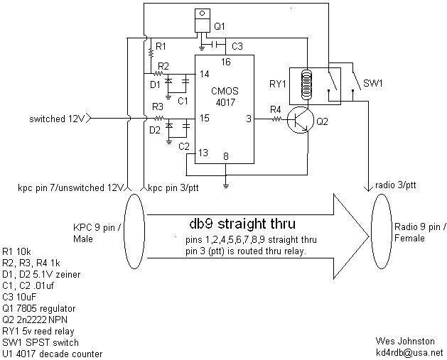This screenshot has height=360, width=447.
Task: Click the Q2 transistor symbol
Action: coord(300,121)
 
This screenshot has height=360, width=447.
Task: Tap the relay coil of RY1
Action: coord(306,82)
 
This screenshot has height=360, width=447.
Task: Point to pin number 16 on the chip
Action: coord(225,62)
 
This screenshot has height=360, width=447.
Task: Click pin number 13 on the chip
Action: coord(203,152)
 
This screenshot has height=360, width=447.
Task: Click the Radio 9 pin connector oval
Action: coord(382,230)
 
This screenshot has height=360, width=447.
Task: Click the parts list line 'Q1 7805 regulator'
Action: coord(40,309)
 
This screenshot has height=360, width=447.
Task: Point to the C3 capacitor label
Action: coord(237,46)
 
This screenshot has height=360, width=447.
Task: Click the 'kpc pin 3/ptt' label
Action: coord(173,187)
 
